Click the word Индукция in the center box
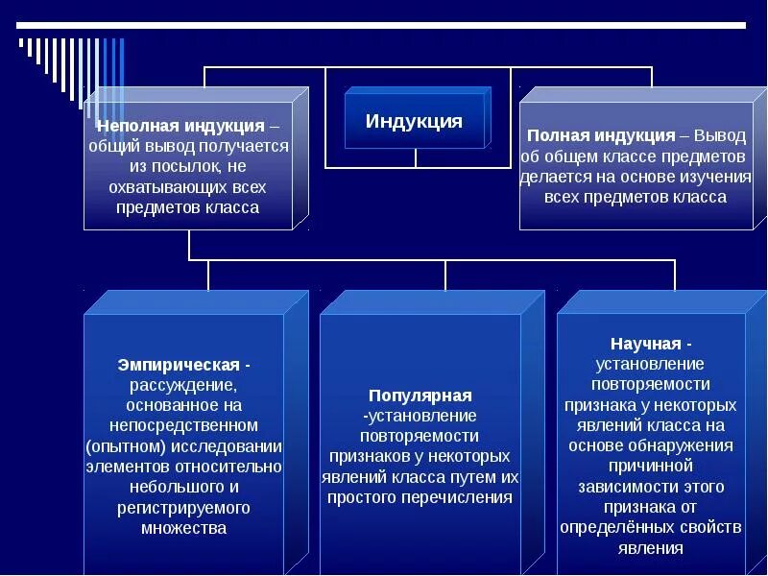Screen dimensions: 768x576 click(x=414, y=122)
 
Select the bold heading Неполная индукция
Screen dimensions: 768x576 click(x=180, y=126)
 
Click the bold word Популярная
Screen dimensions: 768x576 click(x=420, y=395)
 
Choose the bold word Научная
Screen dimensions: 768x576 click(x=645, y=344)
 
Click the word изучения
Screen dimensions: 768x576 click(x=710, y=177)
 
